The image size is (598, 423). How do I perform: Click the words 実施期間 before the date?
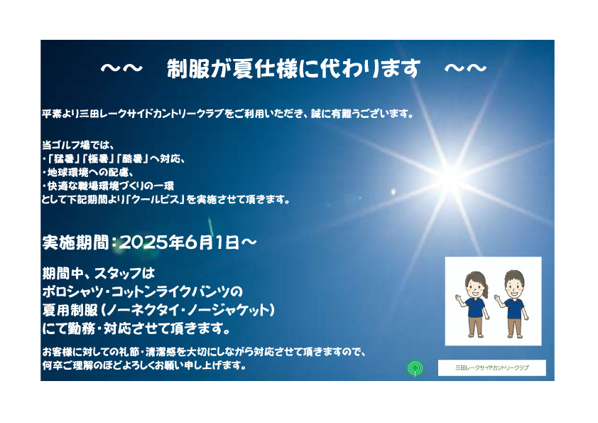point(76,242)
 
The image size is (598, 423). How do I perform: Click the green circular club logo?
point(415,368)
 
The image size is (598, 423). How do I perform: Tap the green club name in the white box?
point(491,368)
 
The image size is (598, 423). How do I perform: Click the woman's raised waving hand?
point(458,297)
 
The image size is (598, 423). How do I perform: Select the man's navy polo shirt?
point(514,308)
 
